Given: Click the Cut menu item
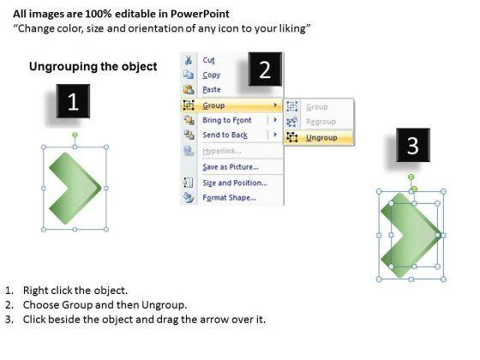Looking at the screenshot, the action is click(208, 60).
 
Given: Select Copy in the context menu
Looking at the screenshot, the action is click(211, 75).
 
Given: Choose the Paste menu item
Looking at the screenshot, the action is click(212, 89).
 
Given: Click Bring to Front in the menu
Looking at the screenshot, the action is click(227, 120).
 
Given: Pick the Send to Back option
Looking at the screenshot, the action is click(225, 135).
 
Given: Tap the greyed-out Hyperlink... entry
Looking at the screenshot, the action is click(222, 151).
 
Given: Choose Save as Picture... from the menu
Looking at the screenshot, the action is click(231, 167).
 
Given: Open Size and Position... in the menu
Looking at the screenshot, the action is click(235, 183).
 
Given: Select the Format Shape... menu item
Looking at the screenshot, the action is click(230, 197).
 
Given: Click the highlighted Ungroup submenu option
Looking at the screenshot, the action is click(321, 138).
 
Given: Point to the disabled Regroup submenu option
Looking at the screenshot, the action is click(321, 122).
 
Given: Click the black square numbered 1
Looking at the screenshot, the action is click(73, 101).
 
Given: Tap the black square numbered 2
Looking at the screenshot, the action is click(265, 69).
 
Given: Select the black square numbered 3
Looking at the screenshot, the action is click(413, 145).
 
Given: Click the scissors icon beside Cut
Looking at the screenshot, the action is click(189, 60).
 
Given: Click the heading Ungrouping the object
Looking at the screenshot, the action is click(93, 67).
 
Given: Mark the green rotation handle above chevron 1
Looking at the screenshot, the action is click(75, 135).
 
